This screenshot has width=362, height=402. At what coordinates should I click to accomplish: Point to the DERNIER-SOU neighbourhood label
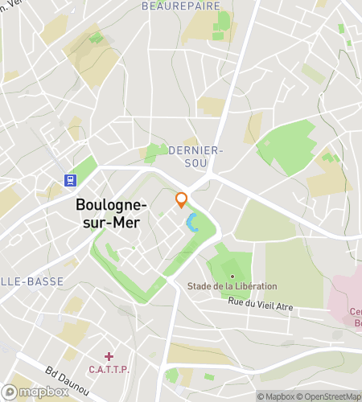tap(195, 156)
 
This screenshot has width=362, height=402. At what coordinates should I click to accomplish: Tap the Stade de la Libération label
tap(232, 286)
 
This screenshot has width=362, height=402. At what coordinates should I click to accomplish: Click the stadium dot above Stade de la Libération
tap(232, 276)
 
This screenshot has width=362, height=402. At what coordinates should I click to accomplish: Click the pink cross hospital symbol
tap(109, 355)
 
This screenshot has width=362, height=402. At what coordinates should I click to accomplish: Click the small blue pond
tap(192, 223)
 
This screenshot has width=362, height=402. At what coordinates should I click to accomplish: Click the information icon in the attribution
tap(8, 392)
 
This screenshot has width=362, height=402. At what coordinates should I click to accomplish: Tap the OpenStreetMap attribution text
tap(329, 396)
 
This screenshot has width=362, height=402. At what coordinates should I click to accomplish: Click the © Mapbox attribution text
tap(276, 396)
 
